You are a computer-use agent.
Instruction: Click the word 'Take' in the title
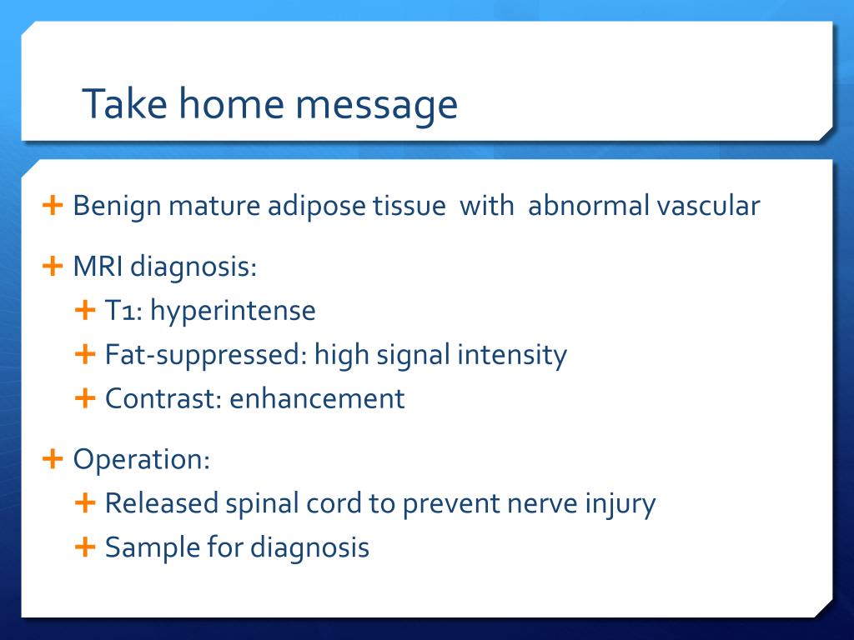125,102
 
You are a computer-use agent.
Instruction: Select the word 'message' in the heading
376,106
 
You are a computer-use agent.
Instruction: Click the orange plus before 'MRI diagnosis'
53,266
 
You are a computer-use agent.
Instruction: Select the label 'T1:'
123,311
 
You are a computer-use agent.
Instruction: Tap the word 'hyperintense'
234,312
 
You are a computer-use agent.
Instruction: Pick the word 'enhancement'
317,398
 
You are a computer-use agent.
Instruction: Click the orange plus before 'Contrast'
85,397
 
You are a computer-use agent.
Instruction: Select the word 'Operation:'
142,459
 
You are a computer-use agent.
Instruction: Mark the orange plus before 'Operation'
53,459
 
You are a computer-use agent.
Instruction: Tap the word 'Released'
161,502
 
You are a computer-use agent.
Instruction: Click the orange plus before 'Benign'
53,205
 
